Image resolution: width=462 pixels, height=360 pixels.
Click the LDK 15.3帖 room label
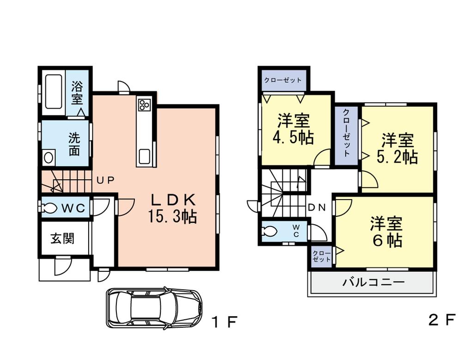(x=172, y=207)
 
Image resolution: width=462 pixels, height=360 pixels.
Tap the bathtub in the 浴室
(x=54, y=92)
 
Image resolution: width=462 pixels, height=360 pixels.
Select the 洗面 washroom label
(x=74, y=144)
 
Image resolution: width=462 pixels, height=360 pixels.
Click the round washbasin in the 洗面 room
(x=49, y=158)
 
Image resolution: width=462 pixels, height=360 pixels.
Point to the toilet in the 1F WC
(x=49, y=208)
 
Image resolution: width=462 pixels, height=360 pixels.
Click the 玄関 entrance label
(x=62, y=239)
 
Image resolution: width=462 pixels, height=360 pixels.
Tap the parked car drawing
(x=154, y=307)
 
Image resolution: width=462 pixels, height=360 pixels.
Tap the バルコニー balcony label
(x=373, y=282)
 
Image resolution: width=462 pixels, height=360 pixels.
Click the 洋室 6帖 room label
(x=385, y=232)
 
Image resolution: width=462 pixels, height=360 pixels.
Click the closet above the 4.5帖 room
(x=283, y=80)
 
